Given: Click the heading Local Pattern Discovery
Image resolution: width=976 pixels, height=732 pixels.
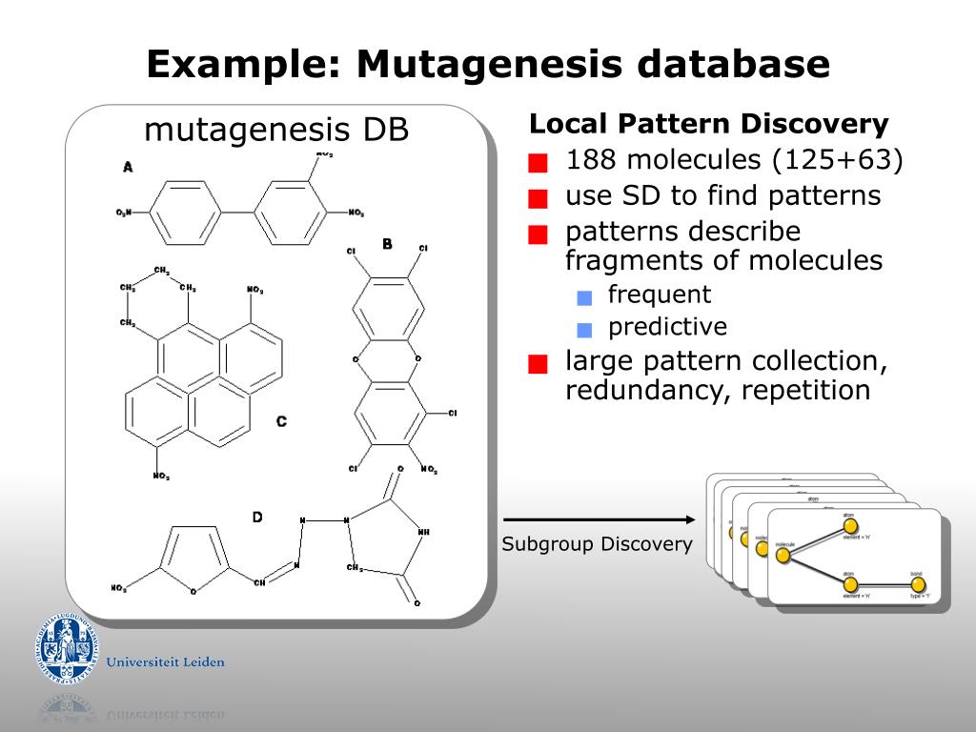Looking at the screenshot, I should [708, 124].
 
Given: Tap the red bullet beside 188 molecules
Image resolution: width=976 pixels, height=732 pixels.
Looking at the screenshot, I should [539, 163].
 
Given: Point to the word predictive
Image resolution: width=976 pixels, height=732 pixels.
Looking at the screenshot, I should [667, 327].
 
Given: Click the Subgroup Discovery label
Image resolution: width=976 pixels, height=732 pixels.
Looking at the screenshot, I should [597, 544].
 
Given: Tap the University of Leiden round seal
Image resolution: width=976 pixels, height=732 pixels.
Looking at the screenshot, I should [68, 649].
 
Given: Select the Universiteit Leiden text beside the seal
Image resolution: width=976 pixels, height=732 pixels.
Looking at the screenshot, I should [166, 661].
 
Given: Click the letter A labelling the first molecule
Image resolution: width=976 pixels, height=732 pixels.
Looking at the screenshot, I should [128, 168].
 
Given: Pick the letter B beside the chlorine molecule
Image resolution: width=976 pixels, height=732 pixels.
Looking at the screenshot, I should [387, 244].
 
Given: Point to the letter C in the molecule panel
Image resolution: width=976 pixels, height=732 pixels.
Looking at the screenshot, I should [281, 421].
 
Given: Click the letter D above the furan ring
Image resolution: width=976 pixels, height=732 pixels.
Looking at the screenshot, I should [257, 517].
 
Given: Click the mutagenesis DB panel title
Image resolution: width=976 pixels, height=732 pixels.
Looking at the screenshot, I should [276, 130].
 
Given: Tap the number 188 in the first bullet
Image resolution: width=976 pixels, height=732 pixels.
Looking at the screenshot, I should [590, 160].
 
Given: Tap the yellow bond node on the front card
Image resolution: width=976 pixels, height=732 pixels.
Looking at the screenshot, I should [918, 584].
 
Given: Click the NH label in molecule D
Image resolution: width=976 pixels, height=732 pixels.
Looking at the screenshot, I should [423, 532].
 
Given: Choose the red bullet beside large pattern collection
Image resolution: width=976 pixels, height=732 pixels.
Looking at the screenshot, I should [539, 364].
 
